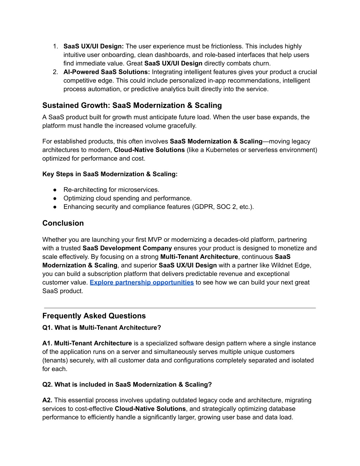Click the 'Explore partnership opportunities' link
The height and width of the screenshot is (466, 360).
[x=142, y=282]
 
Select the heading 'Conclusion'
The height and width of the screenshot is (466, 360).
[x=63, y=223]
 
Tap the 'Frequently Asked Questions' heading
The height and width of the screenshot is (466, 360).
[x=94, y=316]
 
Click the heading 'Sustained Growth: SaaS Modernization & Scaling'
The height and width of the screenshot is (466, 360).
[x=132, y=106]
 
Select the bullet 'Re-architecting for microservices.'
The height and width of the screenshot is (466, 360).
[x=111, y=190]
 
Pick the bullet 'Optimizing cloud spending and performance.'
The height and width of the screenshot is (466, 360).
[x=127, y=198]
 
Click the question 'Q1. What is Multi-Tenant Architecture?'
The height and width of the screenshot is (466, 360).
[x=102, y=328]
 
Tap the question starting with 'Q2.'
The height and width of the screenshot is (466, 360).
[x=127, y=385]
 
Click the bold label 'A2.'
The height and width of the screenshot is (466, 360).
[x=47, y=400]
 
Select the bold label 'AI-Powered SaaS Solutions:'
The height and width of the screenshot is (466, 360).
[x=107, y=72]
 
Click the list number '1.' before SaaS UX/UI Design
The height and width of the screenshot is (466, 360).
[x=55, y=46]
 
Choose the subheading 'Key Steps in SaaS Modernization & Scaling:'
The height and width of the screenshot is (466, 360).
[x=110, y=174]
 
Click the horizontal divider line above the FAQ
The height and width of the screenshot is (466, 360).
[x=180, y=308]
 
